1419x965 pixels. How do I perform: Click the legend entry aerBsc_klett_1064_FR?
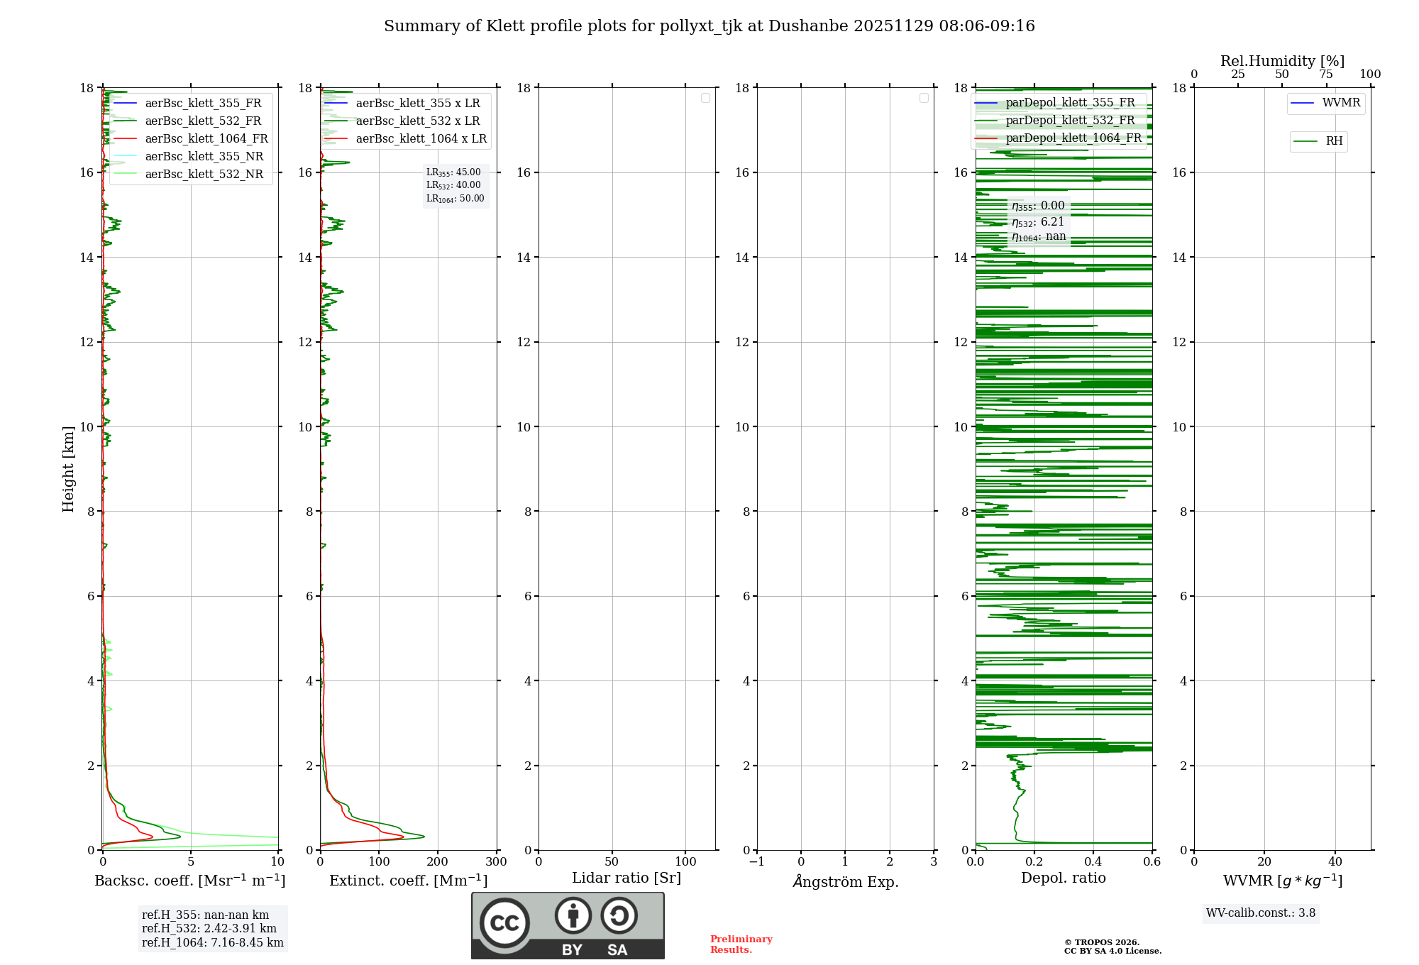point(206,139)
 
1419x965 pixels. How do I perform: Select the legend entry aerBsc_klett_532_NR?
point(204,175)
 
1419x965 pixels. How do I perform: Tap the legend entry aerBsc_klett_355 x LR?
point(417,104)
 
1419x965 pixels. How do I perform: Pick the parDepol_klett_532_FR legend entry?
point(1070,121)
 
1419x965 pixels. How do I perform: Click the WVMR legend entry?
point(1341,103)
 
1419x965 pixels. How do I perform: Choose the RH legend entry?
point(1334,141)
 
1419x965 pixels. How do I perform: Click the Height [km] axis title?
point(68,469)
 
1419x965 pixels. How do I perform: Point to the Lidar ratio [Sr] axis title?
point(626,878)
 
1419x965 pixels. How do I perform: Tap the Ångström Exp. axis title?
point(846,882)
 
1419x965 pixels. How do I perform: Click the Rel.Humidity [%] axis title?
point(1282,61)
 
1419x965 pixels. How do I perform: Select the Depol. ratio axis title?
point(1063,878)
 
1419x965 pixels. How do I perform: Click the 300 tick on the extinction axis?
point(497,862)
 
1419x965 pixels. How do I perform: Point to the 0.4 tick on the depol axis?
point(1093,862)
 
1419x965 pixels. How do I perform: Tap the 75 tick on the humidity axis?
point(1326,75)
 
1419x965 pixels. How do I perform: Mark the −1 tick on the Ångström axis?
point(757,862)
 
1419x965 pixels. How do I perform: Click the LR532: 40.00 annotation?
point(453,185)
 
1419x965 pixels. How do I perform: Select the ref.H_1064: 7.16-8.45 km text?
point(212,943)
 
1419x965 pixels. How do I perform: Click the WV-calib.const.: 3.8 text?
point(1261,913)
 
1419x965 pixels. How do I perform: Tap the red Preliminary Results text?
point(741,944)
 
